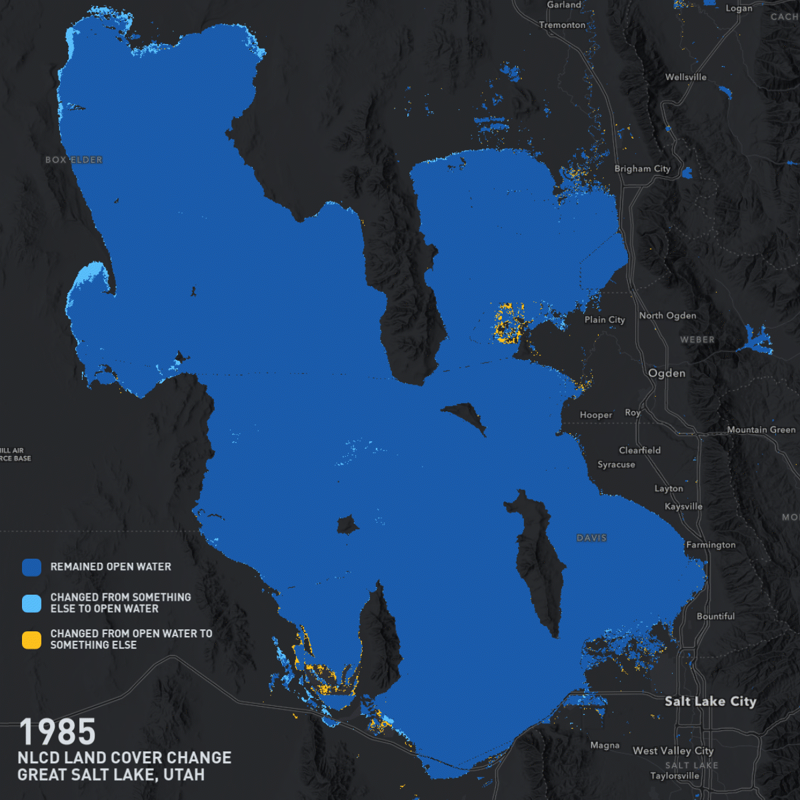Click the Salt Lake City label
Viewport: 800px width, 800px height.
tap(710, 701)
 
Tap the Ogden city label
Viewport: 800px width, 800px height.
tap(667, 373)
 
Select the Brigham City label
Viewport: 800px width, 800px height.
tap(642, 169)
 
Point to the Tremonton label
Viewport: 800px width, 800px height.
tap(562, 25)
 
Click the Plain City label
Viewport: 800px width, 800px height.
tap(605, 319)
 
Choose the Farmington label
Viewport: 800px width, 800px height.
tap(711, 545)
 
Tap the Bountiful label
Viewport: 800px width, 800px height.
tap(715, 616)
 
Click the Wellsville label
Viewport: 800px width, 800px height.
tap(685, 77)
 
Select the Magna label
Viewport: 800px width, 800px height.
tap(605, 745)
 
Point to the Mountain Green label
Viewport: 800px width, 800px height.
tap(761, 429)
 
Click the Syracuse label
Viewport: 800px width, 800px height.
tap(616, 465)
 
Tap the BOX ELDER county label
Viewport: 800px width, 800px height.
tap(74, 160)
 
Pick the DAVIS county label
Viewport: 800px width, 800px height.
tap(591, 537)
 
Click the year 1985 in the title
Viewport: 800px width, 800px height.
tap(57, 732)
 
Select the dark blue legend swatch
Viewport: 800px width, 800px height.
tap(31, 567)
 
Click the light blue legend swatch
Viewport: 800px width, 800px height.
tap(31, 603)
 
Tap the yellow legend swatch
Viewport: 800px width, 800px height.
tap(31, 640)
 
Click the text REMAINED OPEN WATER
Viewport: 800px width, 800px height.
tap(111, 567)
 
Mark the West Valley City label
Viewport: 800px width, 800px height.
tap(673, 751)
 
